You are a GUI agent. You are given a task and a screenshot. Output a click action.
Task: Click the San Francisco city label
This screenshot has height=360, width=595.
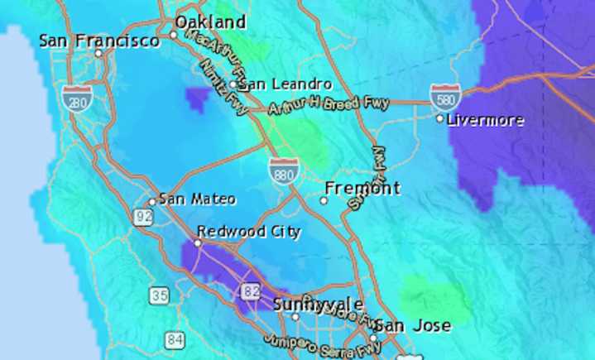(x=99, y=40)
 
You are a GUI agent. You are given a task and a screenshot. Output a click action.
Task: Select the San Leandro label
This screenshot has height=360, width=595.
(x=286, y=84)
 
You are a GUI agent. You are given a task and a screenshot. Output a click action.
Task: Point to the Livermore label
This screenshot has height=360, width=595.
(x=485, y=120)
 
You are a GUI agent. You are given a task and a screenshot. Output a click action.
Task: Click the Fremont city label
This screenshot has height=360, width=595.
(x=362, y=188)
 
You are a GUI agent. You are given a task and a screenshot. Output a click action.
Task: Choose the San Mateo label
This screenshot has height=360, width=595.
(x=197, y=199)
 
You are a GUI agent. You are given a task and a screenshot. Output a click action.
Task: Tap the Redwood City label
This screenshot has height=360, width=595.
(x=248, y=231)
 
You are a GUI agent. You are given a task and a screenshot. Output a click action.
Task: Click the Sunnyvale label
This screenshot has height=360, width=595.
(x=318, y=304)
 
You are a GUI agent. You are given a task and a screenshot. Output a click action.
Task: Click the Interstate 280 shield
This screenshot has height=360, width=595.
(x=76, y=98)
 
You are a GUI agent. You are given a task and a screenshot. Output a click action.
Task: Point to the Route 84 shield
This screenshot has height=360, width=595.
(x=174, y=338)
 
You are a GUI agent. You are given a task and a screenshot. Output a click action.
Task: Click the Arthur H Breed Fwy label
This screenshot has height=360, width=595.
(x=319, y=106)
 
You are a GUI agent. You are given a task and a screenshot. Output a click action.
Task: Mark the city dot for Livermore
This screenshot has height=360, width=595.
(x=440, y=119)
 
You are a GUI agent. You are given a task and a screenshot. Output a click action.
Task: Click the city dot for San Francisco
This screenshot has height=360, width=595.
(x=98, y=53)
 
